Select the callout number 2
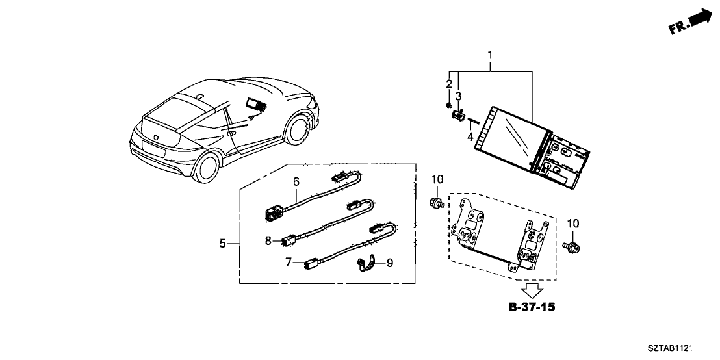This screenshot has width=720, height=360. click(448, 84)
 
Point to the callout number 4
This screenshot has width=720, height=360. click(470, 136)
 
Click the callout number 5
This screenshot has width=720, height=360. click(222, 244)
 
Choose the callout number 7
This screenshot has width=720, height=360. click(288, 263)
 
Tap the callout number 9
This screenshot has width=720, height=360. click(389, 263)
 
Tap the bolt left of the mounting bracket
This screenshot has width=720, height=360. click(437, 204)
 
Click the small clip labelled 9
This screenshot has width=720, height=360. click(366, 264)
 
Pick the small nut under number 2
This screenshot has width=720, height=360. click(448, 105)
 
